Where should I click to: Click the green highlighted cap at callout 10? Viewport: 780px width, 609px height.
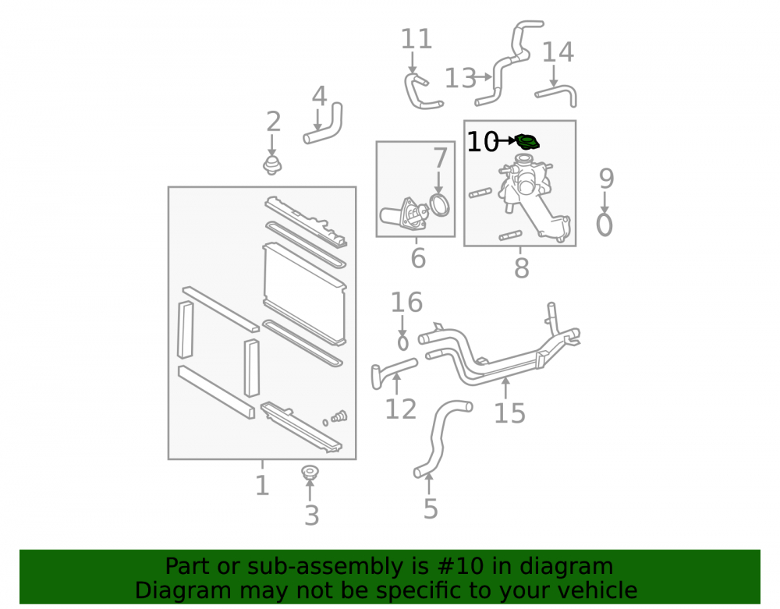click(x=527, y=142)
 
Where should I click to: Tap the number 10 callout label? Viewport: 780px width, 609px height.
click(x=483, y=142)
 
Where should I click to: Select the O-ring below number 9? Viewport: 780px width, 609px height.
click(x=604, y=225)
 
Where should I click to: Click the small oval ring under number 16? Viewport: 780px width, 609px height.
click(x=403, y=342)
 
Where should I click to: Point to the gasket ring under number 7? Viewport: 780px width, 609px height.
click(x=440, y=205)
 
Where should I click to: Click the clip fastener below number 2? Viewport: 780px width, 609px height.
click(x=272, y=165)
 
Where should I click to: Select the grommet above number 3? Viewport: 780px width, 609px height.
click(x=310, y=473)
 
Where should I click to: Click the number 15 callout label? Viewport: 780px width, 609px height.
click(x=509, y=413)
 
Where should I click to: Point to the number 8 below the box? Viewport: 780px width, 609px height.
click(x=521, y=268)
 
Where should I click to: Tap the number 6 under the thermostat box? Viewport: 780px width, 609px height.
click(x=418, y=259)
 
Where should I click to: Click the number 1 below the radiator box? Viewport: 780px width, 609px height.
click(x=262, y=485)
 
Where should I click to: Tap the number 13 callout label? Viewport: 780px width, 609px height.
click(x=460, y=78)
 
